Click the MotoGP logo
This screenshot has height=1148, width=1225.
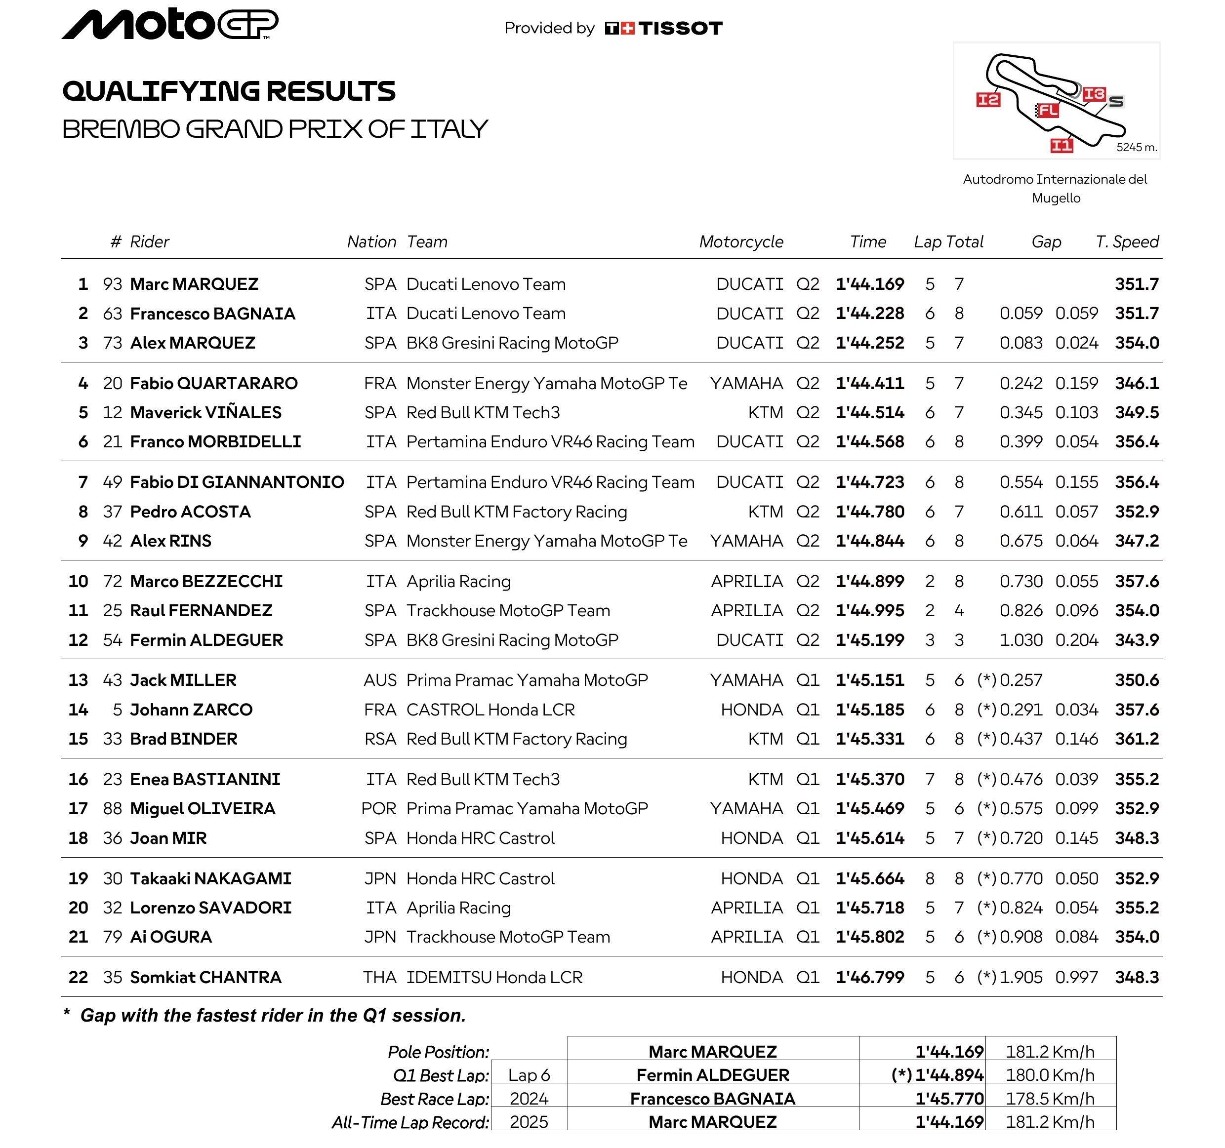169,25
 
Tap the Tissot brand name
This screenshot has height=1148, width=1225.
680,28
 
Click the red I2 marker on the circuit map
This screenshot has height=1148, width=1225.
988,100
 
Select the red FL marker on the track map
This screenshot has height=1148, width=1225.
1048,110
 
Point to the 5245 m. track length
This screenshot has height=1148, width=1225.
1136,147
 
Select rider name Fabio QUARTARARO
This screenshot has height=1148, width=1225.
214,384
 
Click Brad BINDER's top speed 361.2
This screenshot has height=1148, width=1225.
1136,739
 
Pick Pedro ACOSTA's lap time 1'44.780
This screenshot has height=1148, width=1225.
869,512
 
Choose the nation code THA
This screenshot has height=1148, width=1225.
379,977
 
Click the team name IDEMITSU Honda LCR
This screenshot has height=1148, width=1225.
494,977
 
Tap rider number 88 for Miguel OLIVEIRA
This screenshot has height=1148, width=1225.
112,809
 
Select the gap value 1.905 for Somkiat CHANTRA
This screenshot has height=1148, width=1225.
1021,977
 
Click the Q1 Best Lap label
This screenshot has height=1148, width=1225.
441,1075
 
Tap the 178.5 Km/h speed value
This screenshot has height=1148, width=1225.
1050,1099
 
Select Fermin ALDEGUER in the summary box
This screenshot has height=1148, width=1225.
712,1075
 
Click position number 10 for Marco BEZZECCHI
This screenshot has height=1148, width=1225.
78,581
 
